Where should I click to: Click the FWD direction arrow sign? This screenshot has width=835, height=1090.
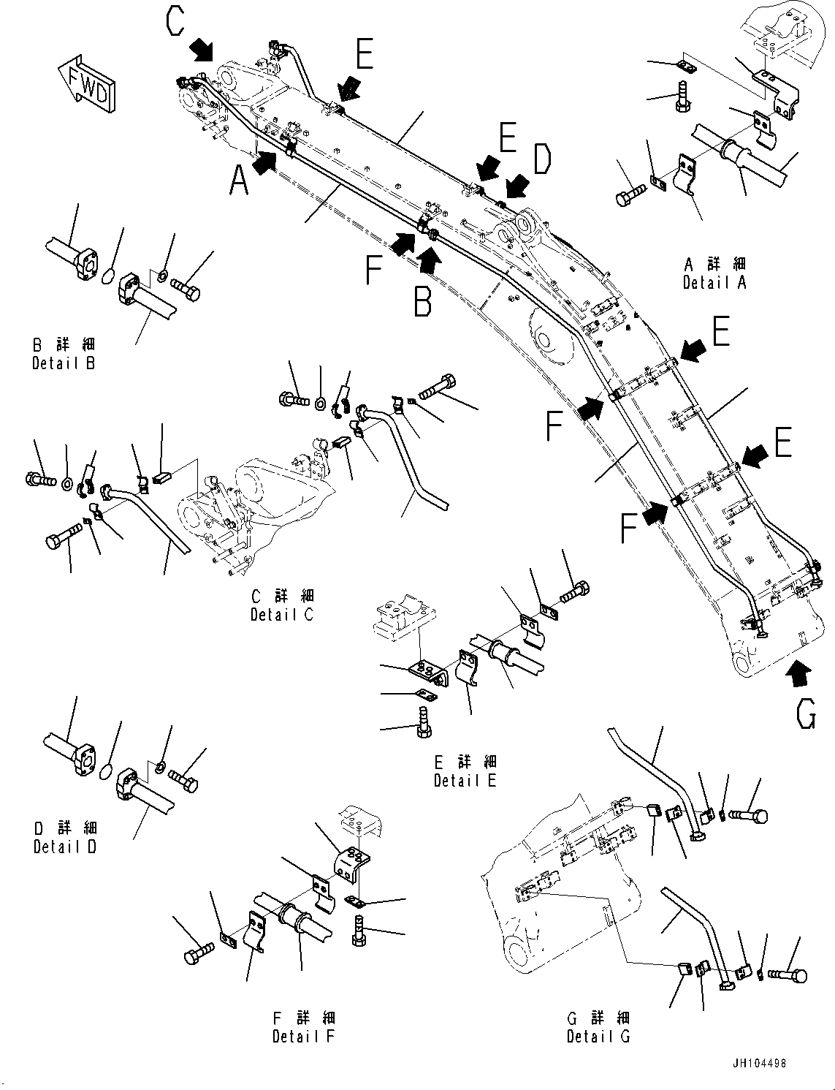click(x=86, y=83)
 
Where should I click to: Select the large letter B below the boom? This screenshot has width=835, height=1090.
click(x=422, y=300)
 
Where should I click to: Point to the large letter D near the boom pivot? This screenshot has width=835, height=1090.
click(x=541, y=159)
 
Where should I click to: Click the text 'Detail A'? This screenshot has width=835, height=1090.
click(x=714, y=282)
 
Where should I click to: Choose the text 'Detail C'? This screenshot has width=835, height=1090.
click(x=281, y=615)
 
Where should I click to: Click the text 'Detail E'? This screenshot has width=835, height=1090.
click(x=465, y=780)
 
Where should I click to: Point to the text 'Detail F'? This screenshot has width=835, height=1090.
click(x=303, y=1036)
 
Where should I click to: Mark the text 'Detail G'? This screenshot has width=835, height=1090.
click(x=598, y=1036)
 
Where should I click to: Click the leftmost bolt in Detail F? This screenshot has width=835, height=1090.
click(x=197, y=950)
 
